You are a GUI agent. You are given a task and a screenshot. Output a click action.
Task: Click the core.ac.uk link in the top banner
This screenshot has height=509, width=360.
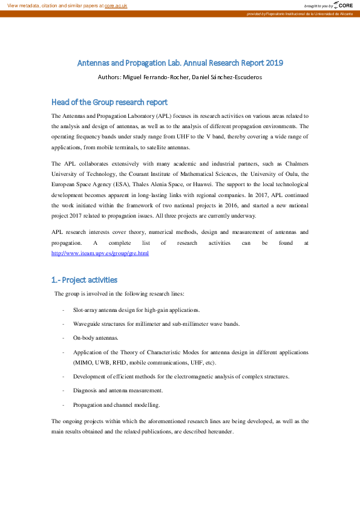point(116,5)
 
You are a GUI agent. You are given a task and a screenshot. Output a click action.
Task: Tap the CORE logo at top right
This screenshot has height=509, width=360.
point(343,5)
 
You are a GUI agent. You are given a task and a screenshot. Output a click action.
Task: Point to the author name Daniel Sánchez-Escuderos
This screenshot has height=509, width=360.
point(230,77)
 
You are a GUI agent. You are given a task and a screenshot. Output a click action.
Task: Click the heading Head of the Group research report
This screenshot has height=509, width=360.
point(110,102)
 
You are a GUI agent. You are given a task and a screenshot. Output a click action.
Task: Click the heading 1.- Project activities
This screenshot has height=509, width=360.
point(84,280)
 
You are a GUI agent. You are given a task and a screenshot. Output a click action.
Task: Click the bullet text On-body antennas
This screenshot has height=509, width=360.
point(96,337)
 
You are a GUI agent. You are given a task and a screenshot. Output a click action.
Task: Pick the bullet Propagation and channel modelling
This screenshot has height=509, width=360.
point(117,404)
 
